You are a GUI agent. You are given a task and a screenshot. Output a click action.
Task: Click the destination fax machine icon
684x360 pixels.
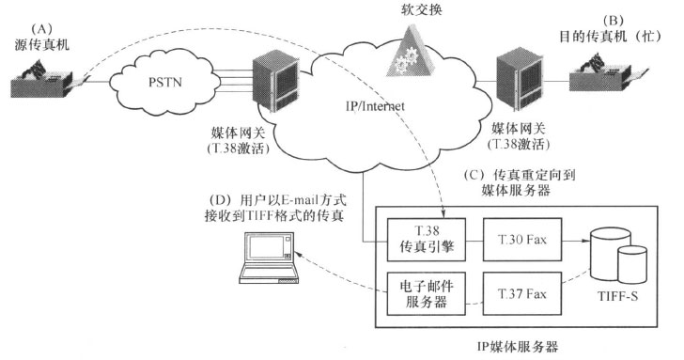[610, 76]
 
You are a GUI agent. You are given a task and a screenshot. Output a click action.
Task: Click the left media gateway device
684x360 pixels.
[273, 81]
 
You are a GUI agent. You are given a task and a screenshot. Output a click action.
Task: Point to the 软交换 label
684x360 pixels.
[414, 9]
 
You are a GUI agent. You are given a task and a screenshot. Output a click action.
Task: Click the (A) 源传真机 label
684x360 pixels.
[42, 28]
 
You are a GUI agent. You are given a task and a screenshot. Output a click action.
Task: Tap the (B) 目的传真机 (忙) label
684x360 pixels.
[616, 29]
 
